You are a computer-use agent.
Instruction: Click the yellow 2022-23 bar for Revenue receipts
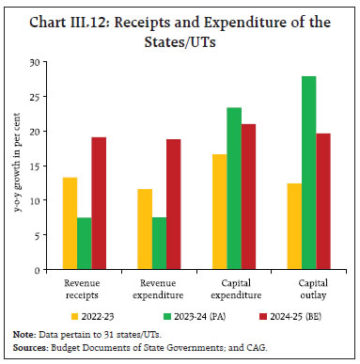click(70, 224)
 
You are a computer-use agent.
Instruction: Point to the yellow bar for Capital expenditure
click(220, 212)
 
